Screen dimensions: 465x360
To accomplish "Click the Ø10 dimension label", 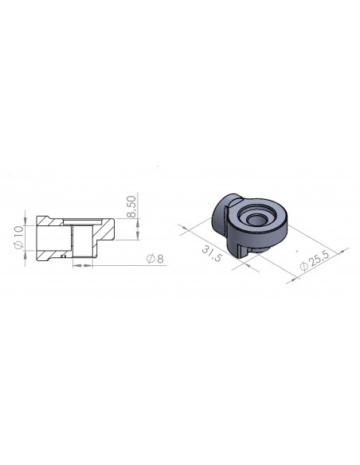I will tap(18, 238).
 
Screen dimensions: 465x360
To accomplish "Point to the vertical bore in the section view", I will tap(80, 240).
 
